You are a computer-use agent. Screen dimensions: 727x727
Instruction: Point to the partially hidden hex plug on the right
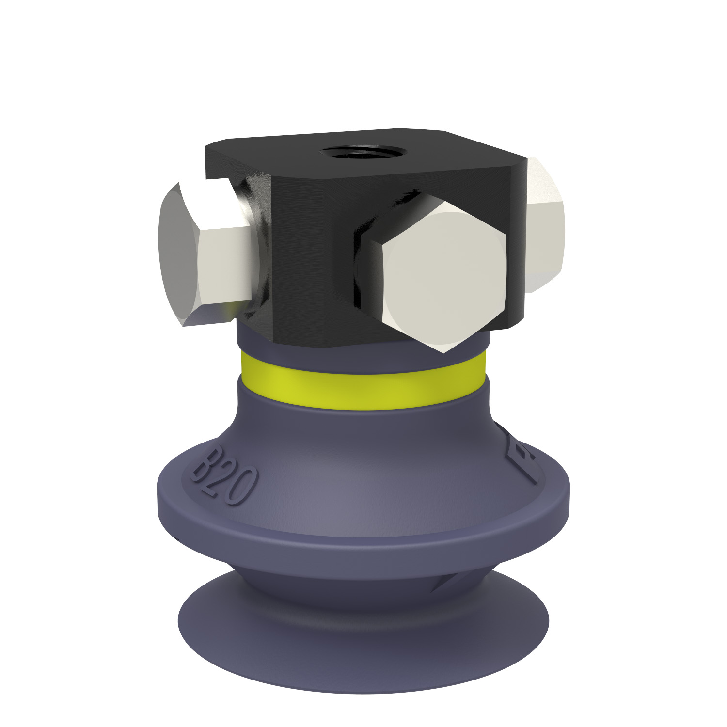pyautogui.click(x=545, y=225)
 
